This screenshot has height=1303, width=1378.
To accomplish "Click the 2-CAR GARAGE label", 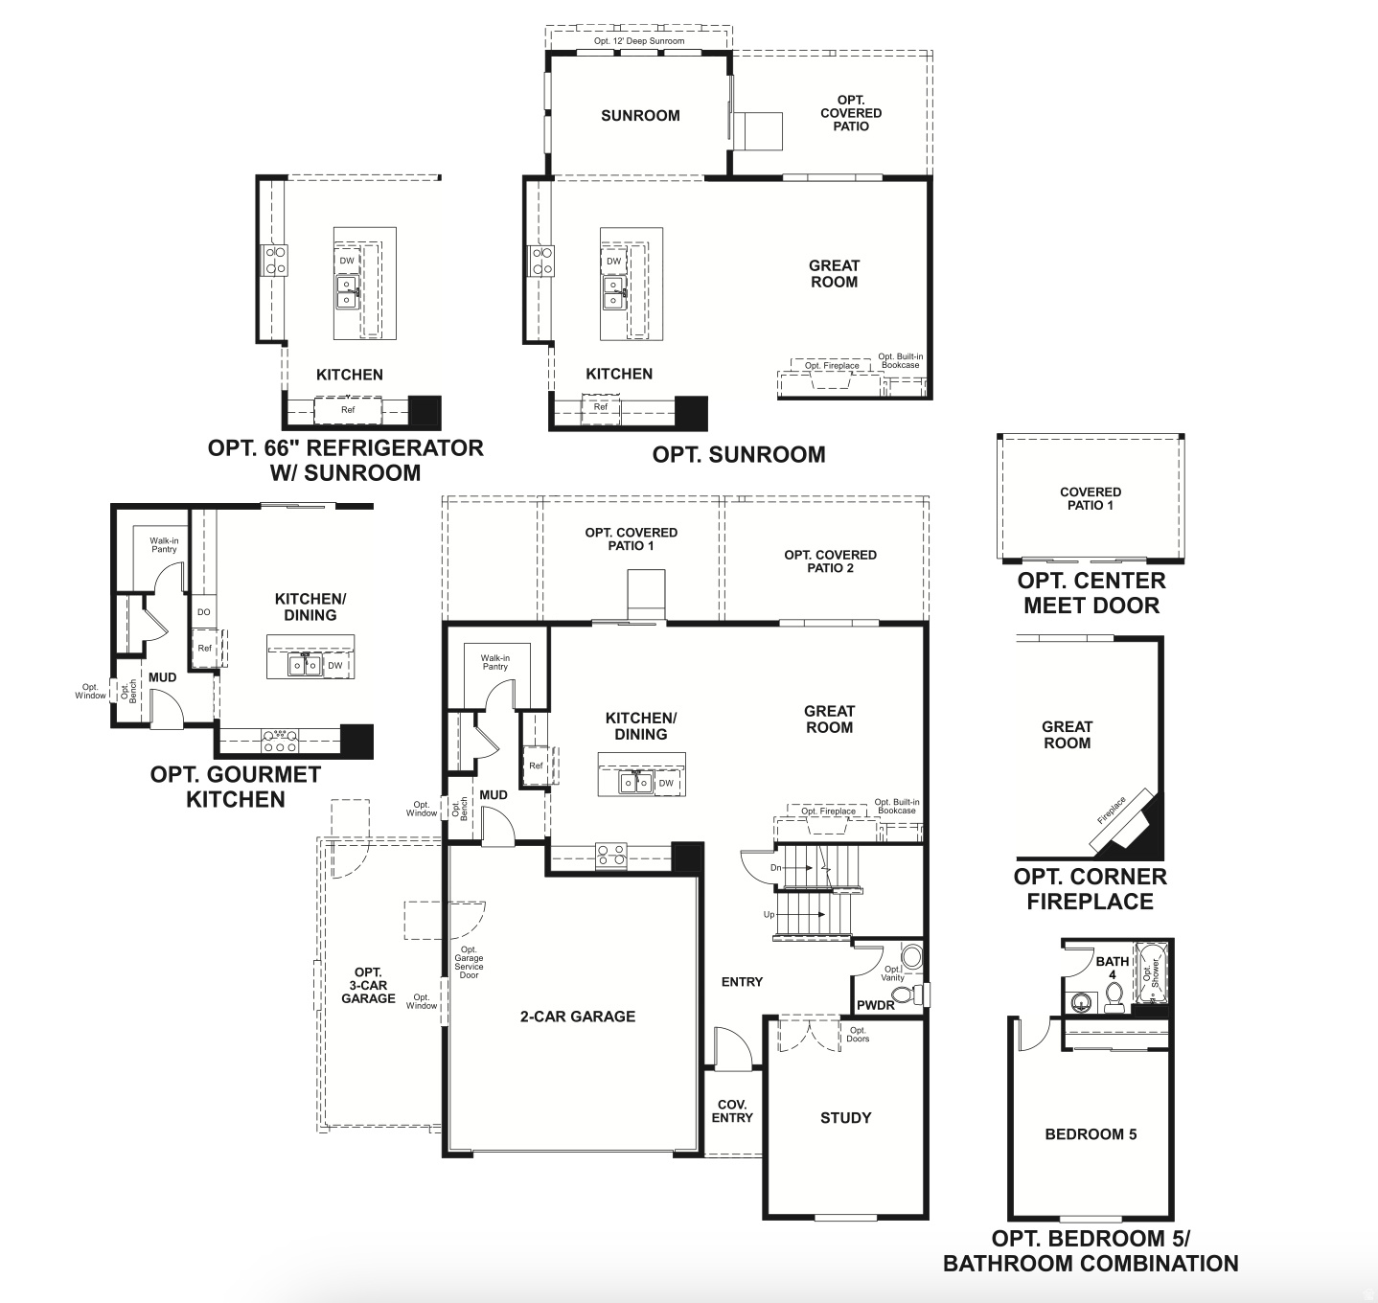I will tap(577, 1017).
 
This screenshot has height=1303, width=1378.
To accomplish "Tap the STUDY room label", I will tap(845, 1117).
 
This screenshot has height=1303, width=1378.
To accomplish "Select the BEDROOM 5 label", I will tap(1091, 1134).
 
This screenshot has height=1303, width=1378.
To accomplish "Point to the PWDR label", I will tap(876, 1005).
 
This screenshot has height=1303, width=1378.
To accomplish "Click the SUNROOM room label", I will tap(640, 116).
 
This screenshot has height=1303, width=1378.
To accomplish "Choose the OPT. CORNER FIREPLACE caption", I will tap(1091, 889).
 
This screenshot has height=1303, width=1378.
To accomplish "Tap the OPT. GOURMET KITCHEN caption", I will tap(236, 787).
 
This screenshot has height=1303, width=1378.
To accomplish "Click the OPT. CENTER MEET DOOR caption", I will tap(1091, 593).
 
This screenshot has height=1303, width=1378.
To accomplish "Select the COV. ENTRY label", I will tap(733, 1111).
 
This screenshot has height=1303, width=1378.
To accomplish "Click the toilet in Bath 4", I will tap(1114, 1000).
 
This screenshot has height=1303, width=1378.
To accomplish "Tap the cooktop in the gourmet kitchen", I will tap(280, 740).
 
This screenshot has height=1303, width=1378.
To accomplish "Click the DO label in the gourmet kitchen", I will tap(203, 612).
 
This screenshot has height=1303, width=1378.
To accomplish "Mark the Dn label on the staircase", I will tap(775, 868).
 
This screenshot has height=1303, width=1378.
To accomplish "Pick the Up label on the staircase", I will tap(769, 915).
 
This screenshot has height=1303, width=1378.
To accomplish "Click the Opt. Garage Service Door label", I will tap(469, 963).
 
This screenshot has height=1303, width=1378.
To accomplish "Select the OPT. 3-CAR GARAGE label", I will tap(368, 985).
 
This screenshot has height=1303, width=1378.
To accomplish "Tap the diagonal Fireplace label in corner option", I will tap(1112, 807).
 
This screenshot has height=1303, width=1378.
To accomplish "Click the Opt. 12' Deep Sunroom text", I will tap(639, 41).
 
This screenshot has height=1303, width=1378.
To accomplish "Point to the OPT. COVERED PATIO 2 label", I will tap(830, 561).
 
